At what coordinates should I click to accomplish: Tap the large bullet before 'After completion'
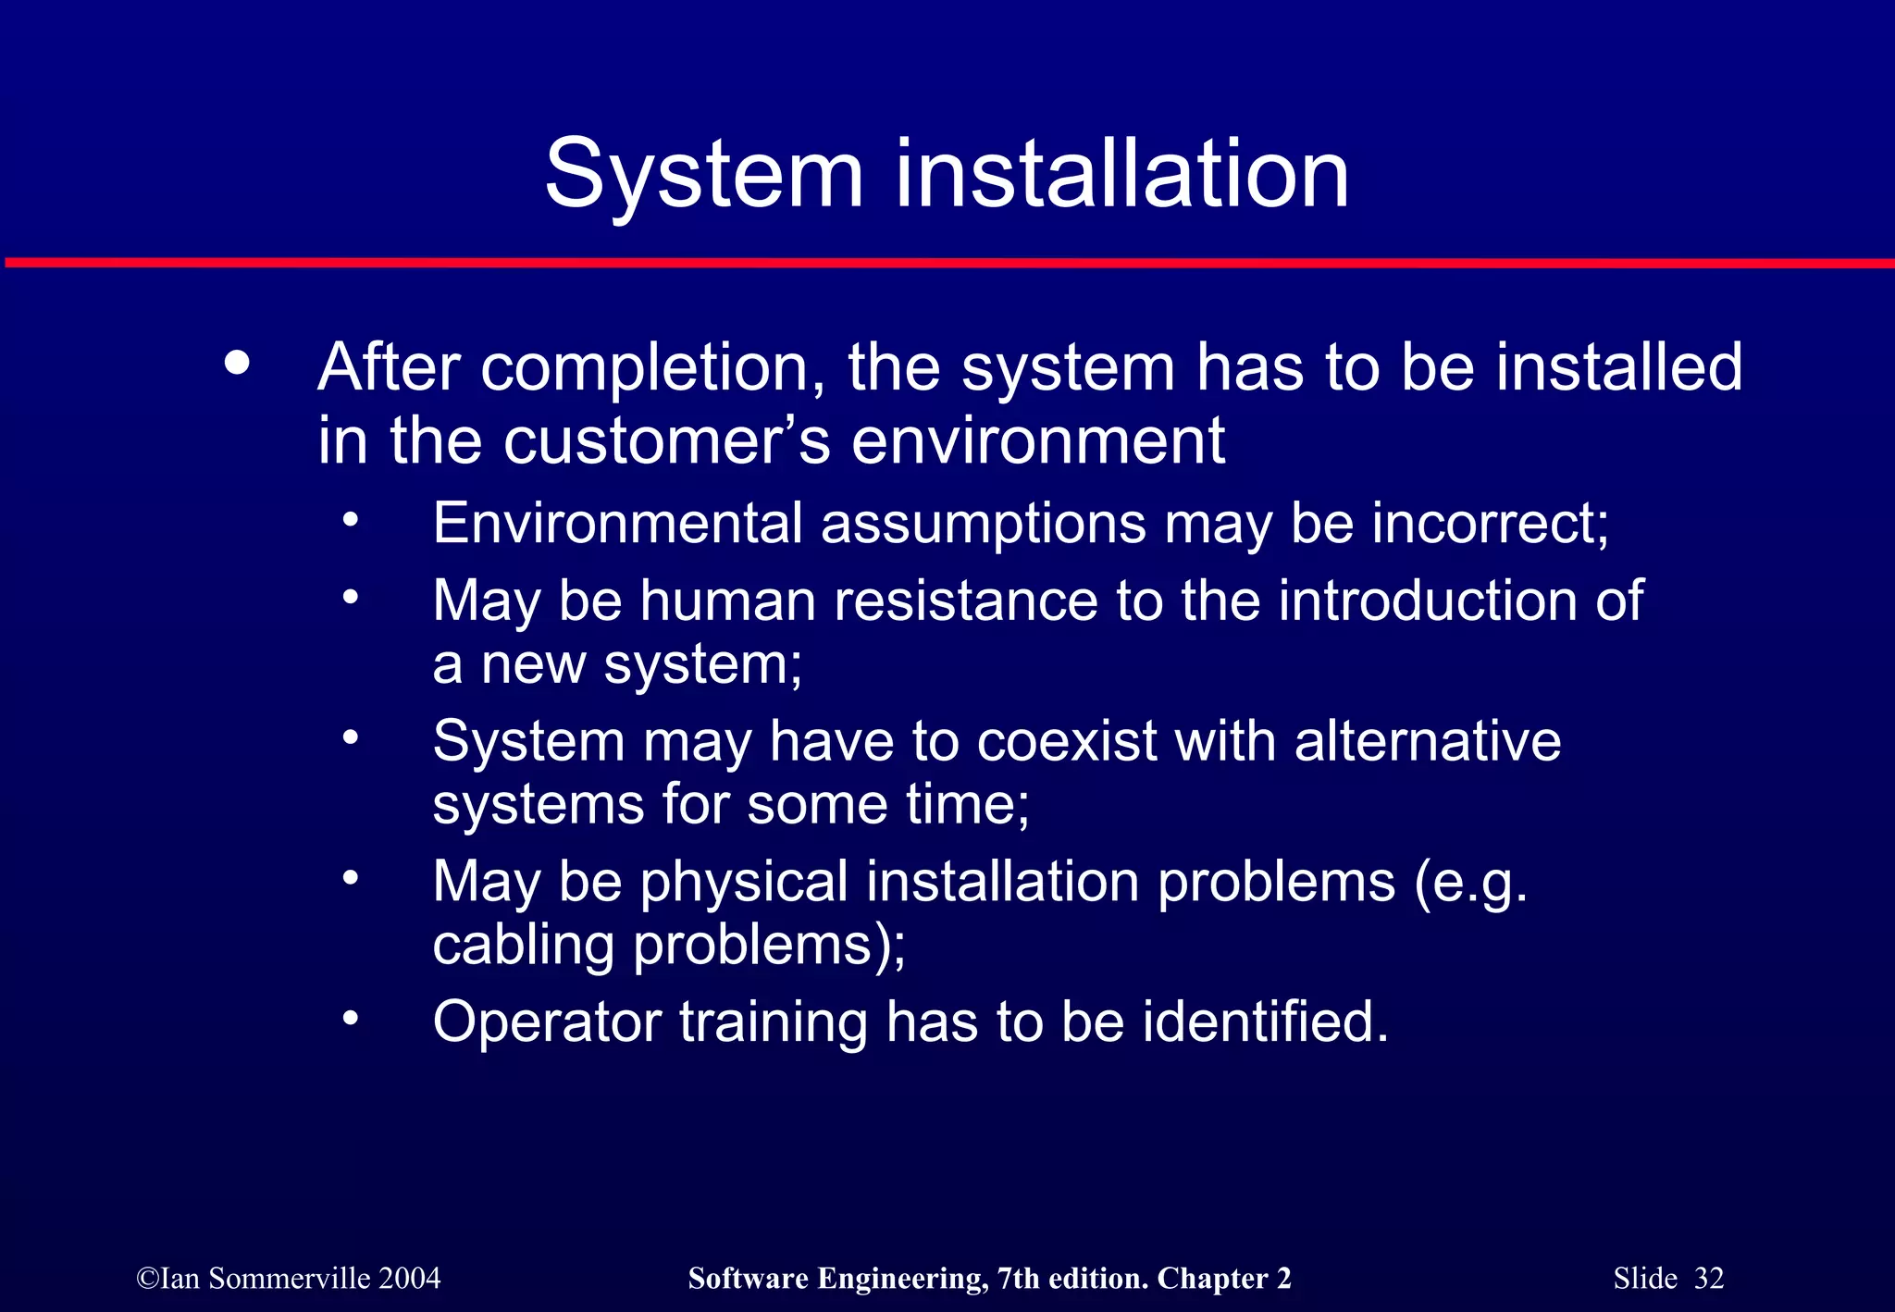tap(237, 364)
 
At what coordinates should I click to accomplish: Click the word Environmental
tap(617, 523)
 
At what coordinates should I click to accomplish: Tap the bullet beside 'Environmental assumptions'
tap(350, 520)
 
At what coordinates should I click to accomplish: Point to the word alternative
tap(1428, 741)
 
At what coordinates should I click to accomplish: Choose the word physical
tap(744, 882)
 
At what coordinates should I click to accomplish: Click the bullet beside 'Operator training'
tap(350, 1019)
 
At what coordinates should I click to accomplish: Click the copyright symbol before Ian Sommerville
tap(147, 1279)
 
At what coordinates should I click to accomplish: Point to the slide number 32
tap(1709, 1279)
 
